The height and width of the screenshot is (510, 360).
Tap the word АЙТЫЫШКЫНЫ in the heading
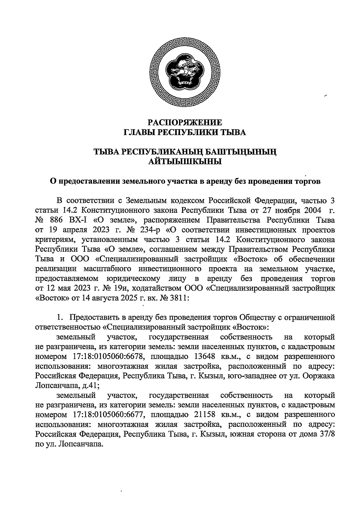click(x=185, y=162)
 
